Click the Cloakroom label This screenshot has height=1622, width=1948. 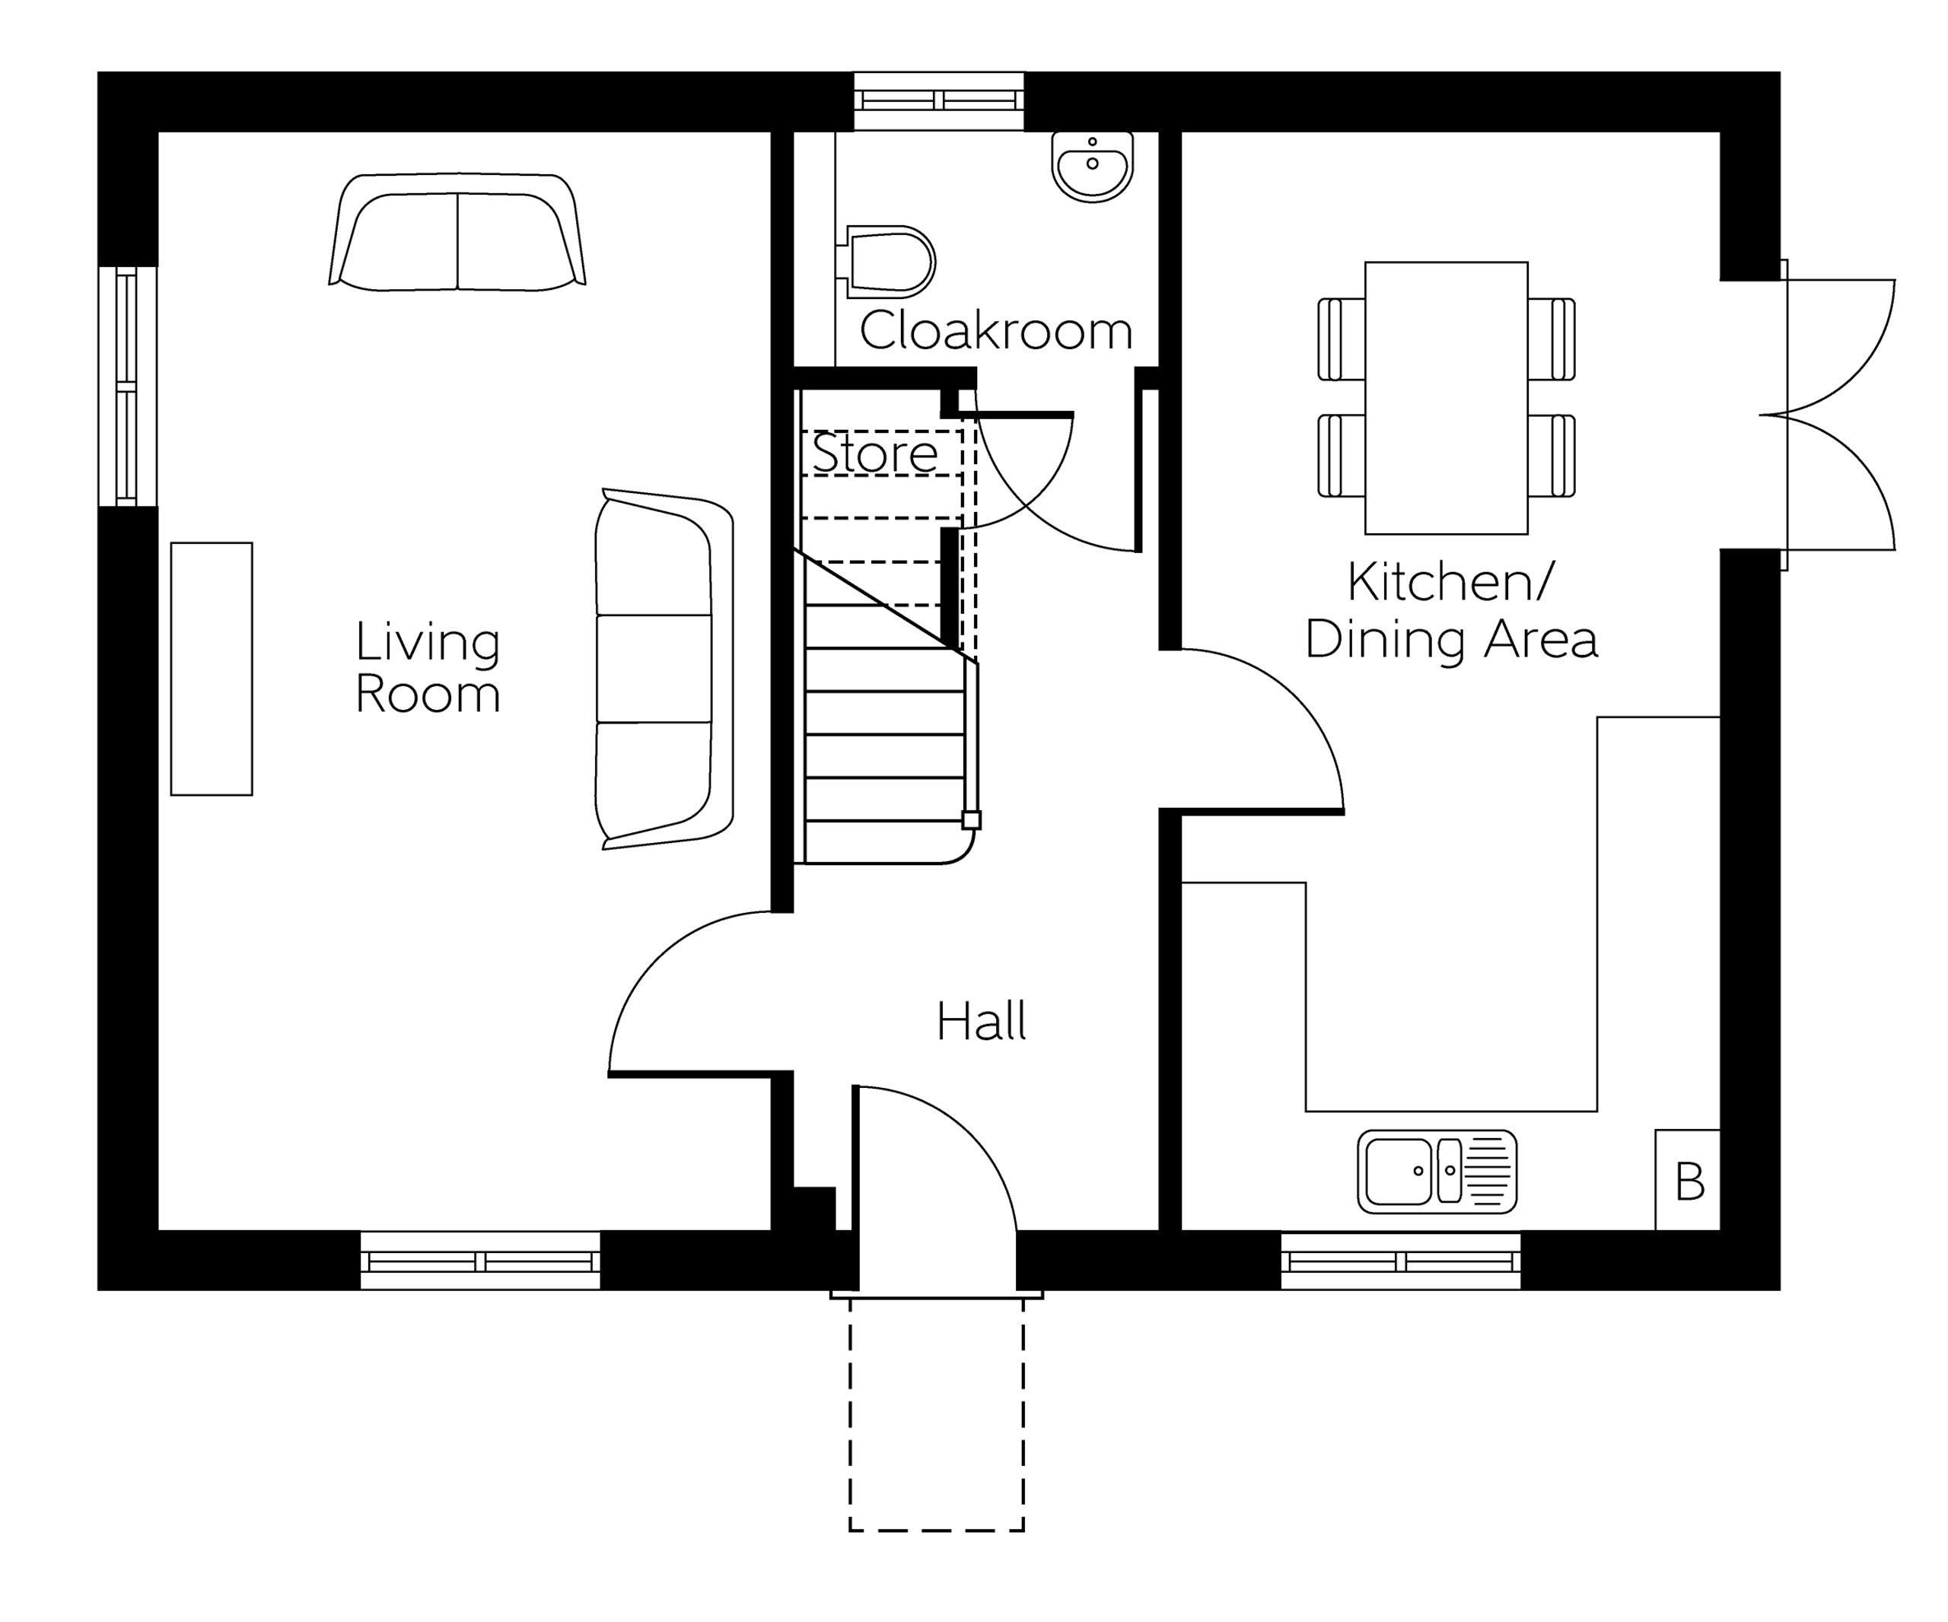996,330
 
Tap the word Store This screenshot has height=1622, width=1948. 875,453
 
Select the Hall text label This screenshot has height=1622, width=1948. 982,1021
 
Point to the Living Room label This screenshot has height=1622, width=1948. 428,668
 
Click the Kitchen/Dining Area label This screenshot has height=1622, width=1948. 1451,610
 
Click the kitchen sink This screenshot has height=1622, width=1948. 1437,1172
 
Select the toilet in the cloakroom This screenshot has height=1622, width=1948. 886,262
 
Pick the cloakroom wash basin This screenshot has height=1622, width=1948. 1093,167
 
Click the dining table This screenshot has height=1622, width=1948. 1446,398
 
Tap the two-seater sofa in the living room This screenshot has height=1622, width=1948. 457,232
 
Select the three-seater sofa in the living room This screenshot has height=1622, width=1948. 664,669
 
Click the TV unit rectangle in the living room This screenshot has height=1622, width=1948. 212,669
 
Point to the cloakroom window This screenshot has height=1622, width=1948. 939,101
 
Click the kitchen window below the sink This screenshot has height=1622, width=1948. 1401,1261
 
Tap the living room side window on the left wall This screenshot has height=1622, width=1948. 127,386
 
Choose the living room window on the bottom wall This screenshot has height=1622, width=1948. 480,1261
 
